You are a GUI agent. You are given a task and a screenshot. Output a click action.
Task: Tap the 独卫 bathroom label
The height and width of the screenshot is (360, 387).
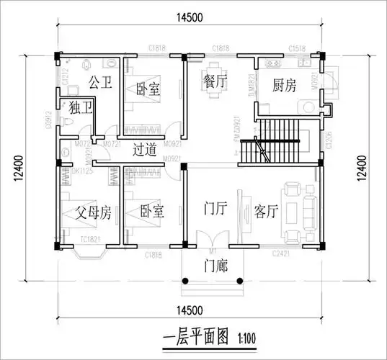(81, 109)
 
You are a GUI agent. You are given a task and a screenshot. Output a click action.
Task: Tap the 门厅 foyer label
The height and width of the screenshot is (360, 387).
(216, 210)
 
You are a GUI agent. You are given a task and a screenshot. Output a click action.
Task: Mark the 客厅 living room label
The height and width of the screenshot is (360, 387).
(266, 212)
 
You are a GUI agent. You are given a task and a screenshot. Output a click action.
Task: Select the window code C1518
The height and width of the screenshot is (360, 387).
(296, 48)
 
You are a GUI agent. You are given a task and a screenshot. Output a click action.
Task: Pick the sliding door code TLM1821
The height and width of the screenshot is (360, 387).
(250, 84)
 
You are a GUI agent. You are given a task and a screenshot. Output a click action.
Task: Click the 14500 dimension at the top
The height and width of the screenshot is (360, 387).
(187, 17)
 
